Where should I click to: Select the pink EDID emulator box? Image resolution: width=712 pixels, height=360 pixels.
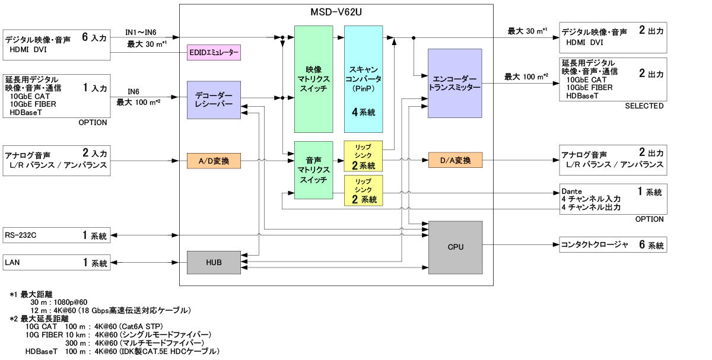pos(214,53)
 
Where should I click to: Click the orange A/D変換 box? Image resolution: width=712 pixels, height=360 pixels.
pos(214,160)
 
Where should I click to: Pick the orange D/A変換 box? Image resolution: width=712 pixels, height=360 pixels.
pos(455,160)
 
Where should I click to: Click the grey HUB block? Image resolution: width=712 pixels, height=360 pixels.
pos(214,262)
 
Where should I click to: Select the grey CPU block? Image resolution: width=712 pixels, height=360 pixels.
pos(455,246)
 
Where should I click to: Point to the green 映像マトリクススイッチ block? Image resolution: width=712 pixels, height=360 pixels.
pos(313,79)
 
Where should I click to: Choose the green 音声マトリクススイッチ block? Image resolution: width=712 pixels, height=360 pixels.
pos(313,170)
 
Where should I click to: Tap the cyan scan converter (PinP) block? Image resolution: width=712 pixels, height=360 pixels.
pos(363,79)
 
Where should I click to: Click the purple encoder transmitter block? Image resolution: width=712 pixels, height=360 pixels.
pos(454,82)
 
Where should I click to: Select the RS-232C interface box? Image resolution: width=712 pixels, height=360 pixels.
pos(56,235)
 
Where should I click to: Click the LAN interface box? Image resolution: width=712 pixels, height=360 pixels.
pos(56,262)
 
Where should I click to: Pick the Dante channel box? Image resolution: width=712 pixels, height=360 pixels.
pos(613,199)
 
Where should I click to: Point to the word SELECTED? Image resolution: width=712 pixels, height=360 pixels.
pos(644,106)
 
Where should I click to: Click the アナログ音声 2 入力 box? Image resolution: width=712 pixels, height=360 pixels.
pos(56,160)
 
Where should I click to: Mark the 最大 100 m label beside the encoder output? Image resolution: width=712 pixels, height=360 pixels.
pos(526,77)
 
